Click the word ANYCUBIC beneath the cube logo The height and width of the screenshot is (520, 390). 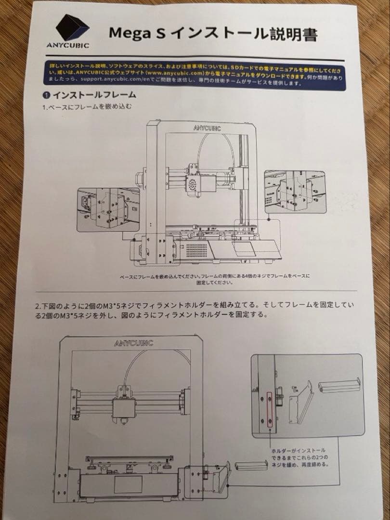[68, 46]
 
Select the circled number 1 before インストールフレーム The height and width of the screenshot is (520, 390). [47, 95]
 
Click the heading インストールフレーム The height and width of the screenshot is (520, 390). [94, 95]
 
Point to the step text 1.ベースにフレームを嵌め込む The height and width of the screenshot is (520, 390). [86, 107]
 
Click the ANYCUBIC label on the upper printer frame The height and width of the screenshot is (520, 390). [207, 128]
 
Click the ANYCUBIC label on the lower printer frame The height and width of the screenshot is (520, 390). [133, 343]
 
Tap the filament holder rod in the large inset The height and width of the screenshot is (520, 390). [340, 385]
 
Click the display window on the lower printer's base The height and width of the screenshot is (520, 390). [127, 487]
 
